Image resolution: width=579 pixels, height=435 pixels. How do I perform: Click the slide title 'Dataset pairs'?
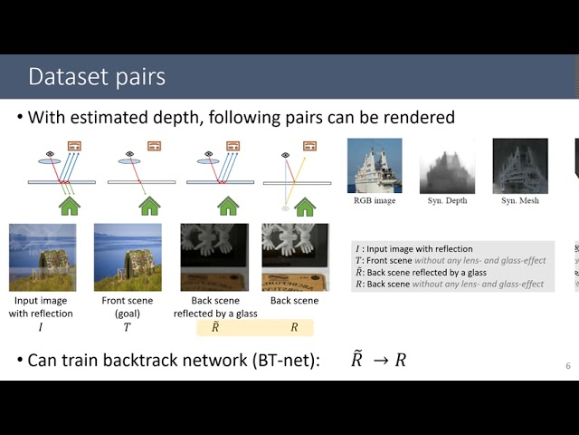tap(96, 76)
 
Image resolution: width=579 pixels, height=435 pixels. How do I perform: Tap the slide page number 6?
tap(567, 365)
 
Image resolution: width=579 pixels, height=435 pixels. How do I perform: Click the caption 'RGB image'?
tap(374, 200)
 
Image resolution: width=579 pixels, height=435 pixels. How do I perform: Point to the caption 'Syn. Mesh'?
tap(519, 200)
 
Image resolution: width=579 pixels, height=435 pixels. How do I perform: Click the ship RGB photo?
tap(375, 165)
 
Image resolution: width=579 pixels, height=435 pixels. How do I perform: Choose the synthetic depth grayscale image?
tap(447, 165)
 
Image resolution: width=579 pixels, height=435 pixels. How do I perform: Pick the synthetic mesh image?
tap(519, 165)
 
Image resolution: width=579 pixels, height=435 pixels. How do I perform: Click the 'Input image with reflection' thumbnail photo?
tap(43, 257)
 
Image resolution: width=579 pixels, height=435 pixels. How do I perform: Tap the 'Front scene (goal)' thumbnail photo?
tap(127, 257)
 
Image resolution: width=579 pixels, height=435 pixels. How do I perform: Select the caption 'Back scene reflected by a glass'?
tap(214, 306)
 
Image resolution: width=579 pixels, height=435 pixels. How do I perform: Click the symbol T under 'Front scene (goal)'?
tap(127, 327)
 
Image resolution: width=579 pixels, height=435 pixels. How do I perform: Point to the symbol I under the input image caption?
tap(41, 327)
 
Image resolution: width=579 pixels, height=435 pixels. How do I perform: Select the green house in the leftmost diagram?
tap(70, 206)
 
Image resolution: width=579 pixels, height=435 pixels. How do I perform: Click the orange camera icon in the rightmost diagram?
tap(309, 145)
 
